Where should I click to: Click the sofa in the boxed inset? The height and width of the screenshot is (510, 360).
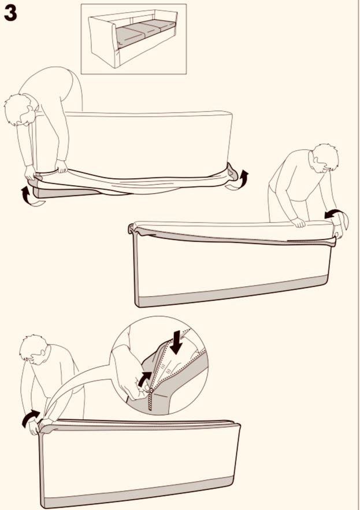(x=133, y=38)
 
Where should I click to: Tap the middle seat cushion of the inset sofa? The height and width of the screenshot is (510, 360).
(x=145, y=29)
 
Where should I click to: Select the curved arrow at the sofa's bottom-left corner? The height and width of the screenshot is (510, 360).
(x=31, y=197)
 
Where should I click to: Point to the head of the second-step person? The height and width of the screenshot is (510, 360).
(x=325, y=157)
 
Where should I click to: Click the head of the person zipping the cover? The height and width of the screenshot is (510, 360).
(x=34, y=349)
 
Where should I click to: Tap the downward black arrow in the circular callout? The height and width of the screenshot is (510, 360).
(x=176, y=342)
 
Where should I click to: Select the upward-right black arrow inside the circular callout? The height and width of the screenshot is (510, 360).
(x=144, y=379)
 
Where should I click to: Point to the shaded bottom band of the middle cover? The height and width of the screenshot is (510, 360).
(x=232, y=292)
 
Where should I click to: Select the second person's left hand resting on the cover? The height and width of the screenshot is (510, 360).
(x=298, y=222)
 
